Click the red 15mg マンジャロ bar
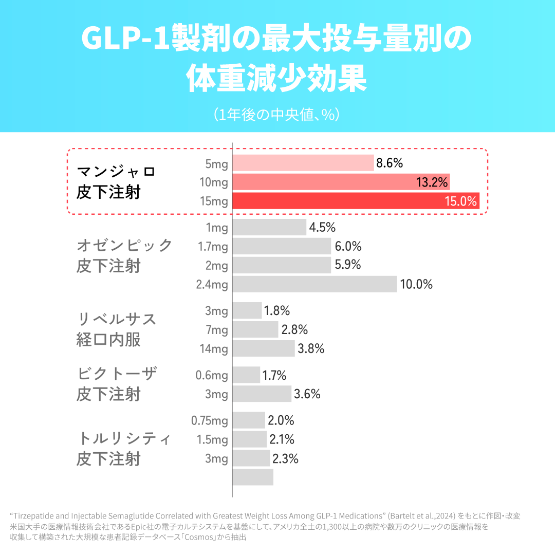click(356, 201)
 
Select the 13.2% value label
click(433, 182)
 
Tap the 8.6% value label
click(390, 163)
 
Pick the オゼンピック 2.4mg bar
click(314, 284)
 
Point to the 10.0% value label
click(416, 284)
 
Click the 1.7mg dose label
click(213, 247)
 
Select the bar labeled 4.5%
click(269, 227)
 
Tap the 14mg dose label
click(214, 349)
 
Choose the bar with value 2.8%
click(255, 329)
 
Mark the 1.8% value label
click(277, 310)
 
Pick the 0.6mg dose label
click(211, 375)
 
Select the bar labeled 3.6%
click(262, 394)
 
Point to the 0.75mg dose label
click(209, 420)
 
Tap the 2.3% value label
click(285, 458)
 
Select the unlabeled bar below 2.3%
click(253, 477)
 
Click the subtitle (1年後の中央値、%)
click(277, 114)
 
